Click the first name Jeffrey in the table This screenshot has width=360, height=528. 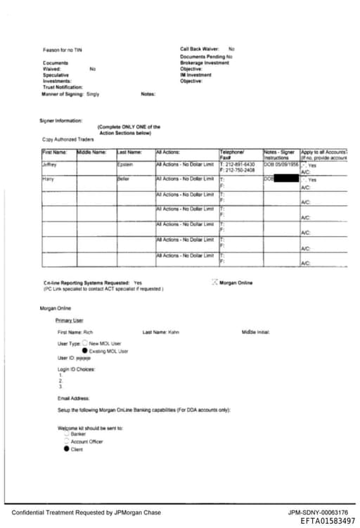click(x=49, y=165)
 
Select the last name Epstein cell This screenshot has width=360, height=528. click(x=124, y=165)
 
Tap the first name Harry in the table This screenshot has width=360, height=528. click(x=48, y=179)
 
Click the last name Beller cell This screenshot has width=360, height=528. click(x=124, y=179)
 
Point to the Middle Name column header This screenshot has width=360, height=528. click(x=91, y=152)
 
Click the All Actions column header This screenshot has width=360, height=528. click(x=168, y=152)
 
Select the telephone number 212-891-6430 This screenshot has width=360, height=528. click(x=240, y=165)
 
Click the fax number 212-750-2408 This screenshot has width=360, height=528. click(x=239, y=170)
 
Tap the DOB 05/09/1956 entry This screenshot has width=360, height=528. click(x=280, y=165)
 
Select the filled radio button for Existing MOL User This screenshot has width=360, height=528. click(x=85, y=350)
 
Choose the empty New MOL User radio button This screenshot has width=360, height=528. click(x=85, y=342)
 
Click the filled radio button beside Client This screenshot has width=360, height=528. click(x=66, y=449)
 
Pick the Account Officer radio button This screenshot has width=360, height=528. click(x=66, y=442)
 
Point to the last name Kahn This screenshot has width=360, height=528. click(x=174, y=332)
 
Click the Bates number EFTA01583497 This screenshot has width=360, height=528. click(x=328, y=521)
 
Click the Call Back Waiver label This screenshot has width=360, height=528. click(x=200, y=49)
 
